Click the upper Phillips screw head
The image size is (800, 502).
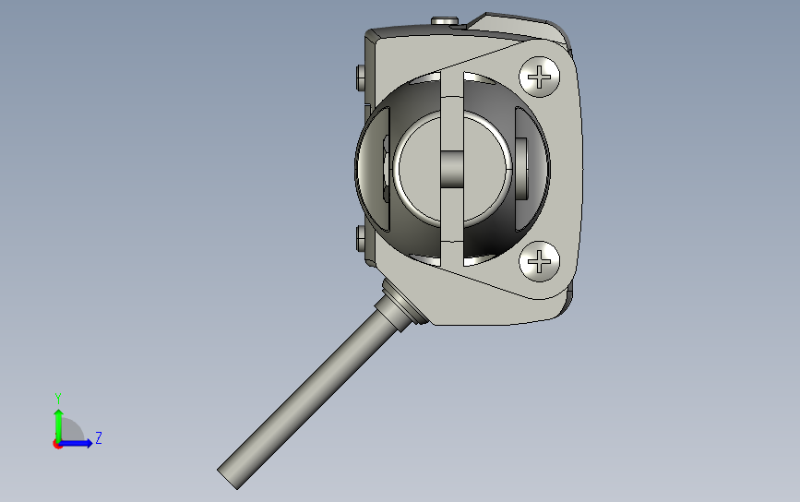[x=540, y=75]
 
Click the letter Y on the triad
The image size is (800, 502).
[x=57, y=397]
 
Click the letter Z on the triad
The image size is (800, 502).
[x=98, y=438]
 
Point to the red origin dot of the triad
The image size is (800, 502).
[x=57, y=444]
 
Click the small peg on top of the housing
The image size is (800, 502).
[x=446, y=20]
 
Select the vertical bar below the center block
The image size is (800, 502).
[x=452, y=226]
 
